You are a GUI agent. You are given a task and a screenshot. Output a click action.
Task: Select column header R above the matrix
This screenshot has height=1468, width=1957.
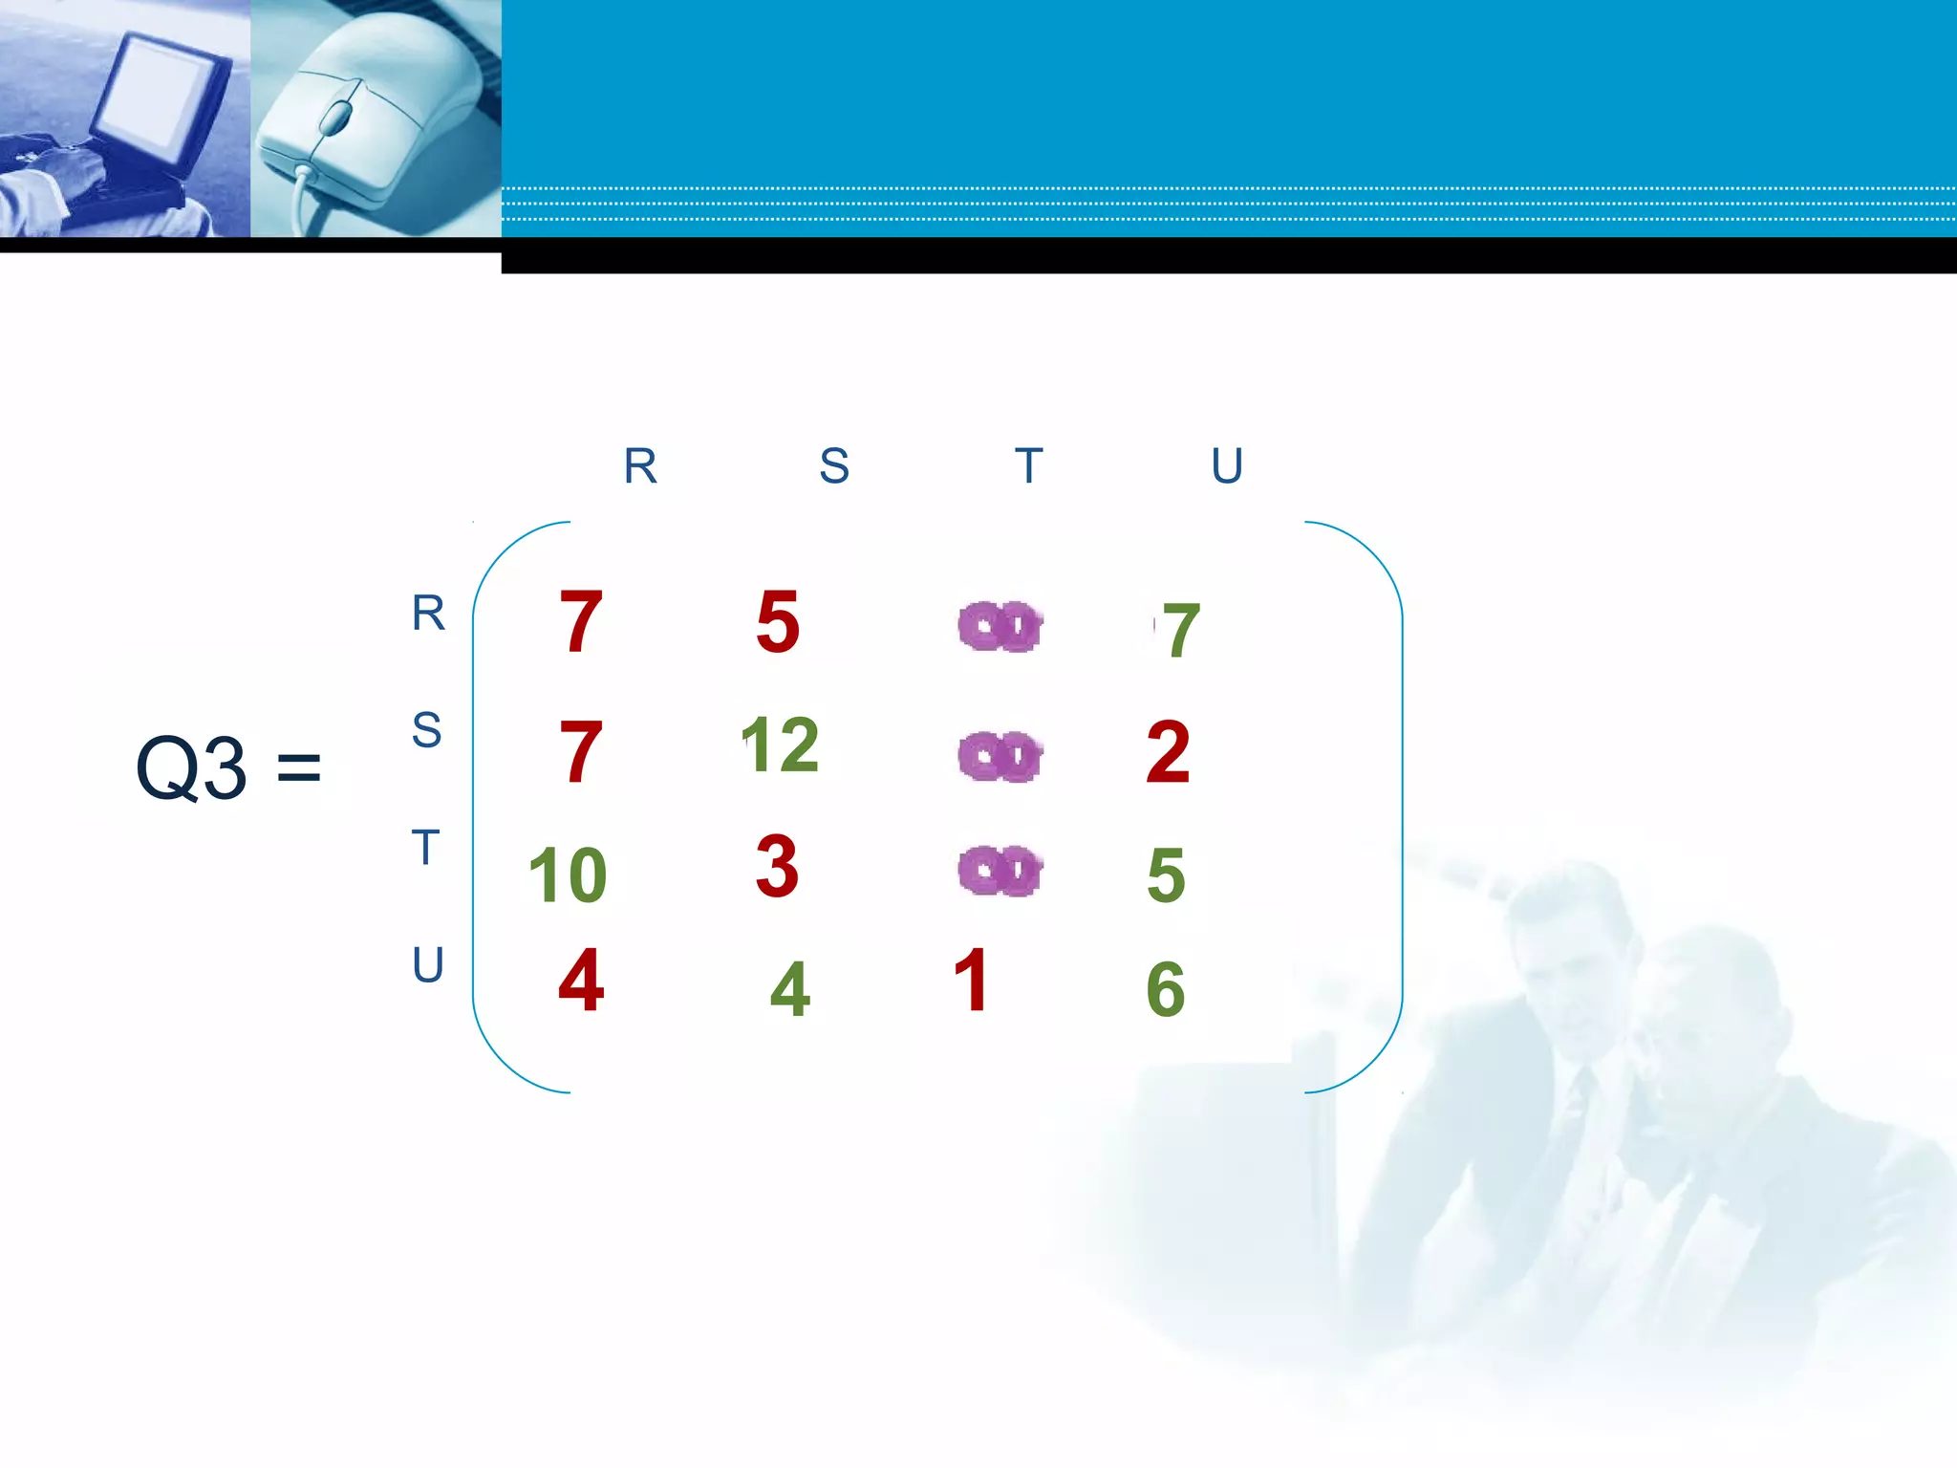tap(640, 466)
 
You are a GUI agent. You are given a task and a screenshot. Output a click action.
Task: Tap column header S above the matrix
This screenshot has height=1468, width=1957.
tap(834, 466)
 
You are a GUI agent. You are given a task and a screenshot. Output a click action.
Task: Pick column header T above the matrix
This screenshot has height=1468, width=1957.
tap(1028, 466)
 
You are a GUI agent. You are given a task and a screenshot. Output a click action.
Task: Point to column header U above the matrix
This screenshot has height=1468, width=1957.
tap(1227, 466)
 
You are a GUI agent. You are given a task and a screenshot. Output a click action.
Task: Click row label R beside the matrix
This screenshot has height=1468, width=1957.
tap(428, 613)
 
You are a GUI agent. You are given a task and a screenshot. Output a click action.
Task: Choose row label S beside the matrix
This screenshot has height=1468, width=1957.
tap(426, 730)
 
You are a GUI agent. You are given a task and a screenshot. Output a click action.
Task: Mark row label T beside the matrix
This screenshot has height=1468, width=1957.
tap(425, 848)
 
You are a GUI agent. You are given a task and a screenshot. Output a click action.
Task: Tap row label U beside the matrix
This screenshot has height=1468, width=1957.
tap(428, 965)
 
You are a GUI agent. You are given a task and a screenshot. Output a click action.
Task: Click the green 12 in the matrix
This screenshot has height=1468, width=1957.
tap(780, 745)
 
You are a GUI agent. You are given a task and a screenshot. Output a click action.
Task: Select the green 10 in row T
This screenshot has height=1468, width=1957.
tap(568, 875)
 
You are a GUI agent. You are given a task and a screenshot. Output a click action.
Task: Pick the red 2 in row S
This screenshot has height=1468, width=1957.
tap(1168, 753)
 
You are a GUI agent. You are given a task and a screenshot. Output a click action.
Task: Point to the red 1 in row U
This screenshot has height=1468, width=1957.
tap(971, 980)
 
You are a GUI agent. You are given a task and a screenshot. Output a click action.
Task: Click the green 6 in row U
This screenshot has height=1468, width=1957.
tap(1166, 989)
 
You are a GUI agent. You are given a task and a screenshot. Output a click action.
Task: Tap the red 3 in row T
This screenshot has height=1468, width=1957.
tap(777, 866)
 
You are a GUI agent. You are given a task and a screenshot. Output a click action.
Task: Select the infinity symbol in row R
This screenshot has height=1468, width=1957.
tap(1000, 627)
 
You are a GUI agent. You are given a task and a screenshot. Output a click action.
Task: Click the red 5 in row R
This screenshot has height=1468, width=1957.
tap(778, 622)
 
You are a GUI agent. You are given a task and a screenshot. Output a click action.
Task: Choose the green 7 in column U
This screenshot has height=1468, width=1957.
tap(1181, 631)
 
